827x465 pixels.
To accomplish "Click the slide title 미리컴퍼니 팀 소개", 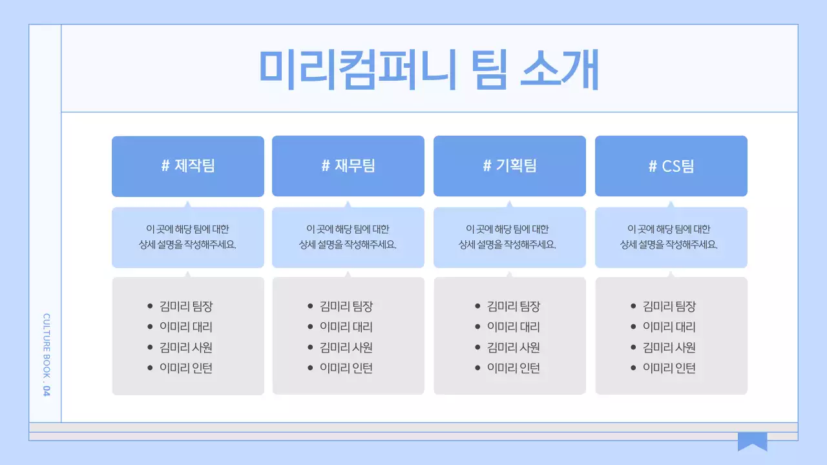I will (429, 69).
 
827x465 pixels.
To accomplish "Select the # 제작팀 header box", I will (188, 166).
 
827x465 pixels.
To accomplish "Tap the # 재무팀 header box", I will (348, 166).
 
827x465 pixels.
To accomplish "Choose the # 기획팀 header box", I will (510, 166).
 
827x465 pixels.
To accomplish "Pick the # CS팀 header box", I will (671, 166).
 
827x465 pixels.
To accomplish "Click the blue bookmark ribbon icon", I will (752, 441).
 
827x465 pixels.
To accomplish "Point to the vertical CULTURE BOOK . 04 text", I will (46, 355).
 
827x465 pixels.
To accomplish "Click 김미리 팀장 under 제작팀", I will (186, 306).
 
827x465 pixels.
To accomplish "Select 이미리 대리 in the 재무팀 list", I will (346, 327).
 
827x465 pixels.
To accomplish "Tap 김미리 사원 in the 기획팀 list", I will (514, 347).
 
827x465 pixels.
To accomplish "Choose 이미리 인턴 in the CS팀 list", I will (669, 368).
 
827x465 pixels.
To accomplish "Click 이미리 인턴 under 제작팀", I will (186, 368).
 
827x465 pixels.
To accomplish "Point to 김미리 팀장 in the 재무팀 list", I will (346, 306).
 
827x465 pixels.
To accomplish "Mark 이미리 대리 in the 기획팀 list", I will (514, 327).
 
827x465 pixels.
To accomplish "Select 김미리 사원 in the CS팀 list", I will (669, 347).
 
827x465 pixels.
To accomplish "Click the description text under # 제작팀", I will (188, 237).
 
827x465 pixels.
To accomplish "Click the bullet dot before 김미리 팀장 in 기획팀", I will (477, 307).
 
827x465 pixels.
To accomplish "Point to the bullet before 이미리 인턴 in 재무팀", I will (310, 369).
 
